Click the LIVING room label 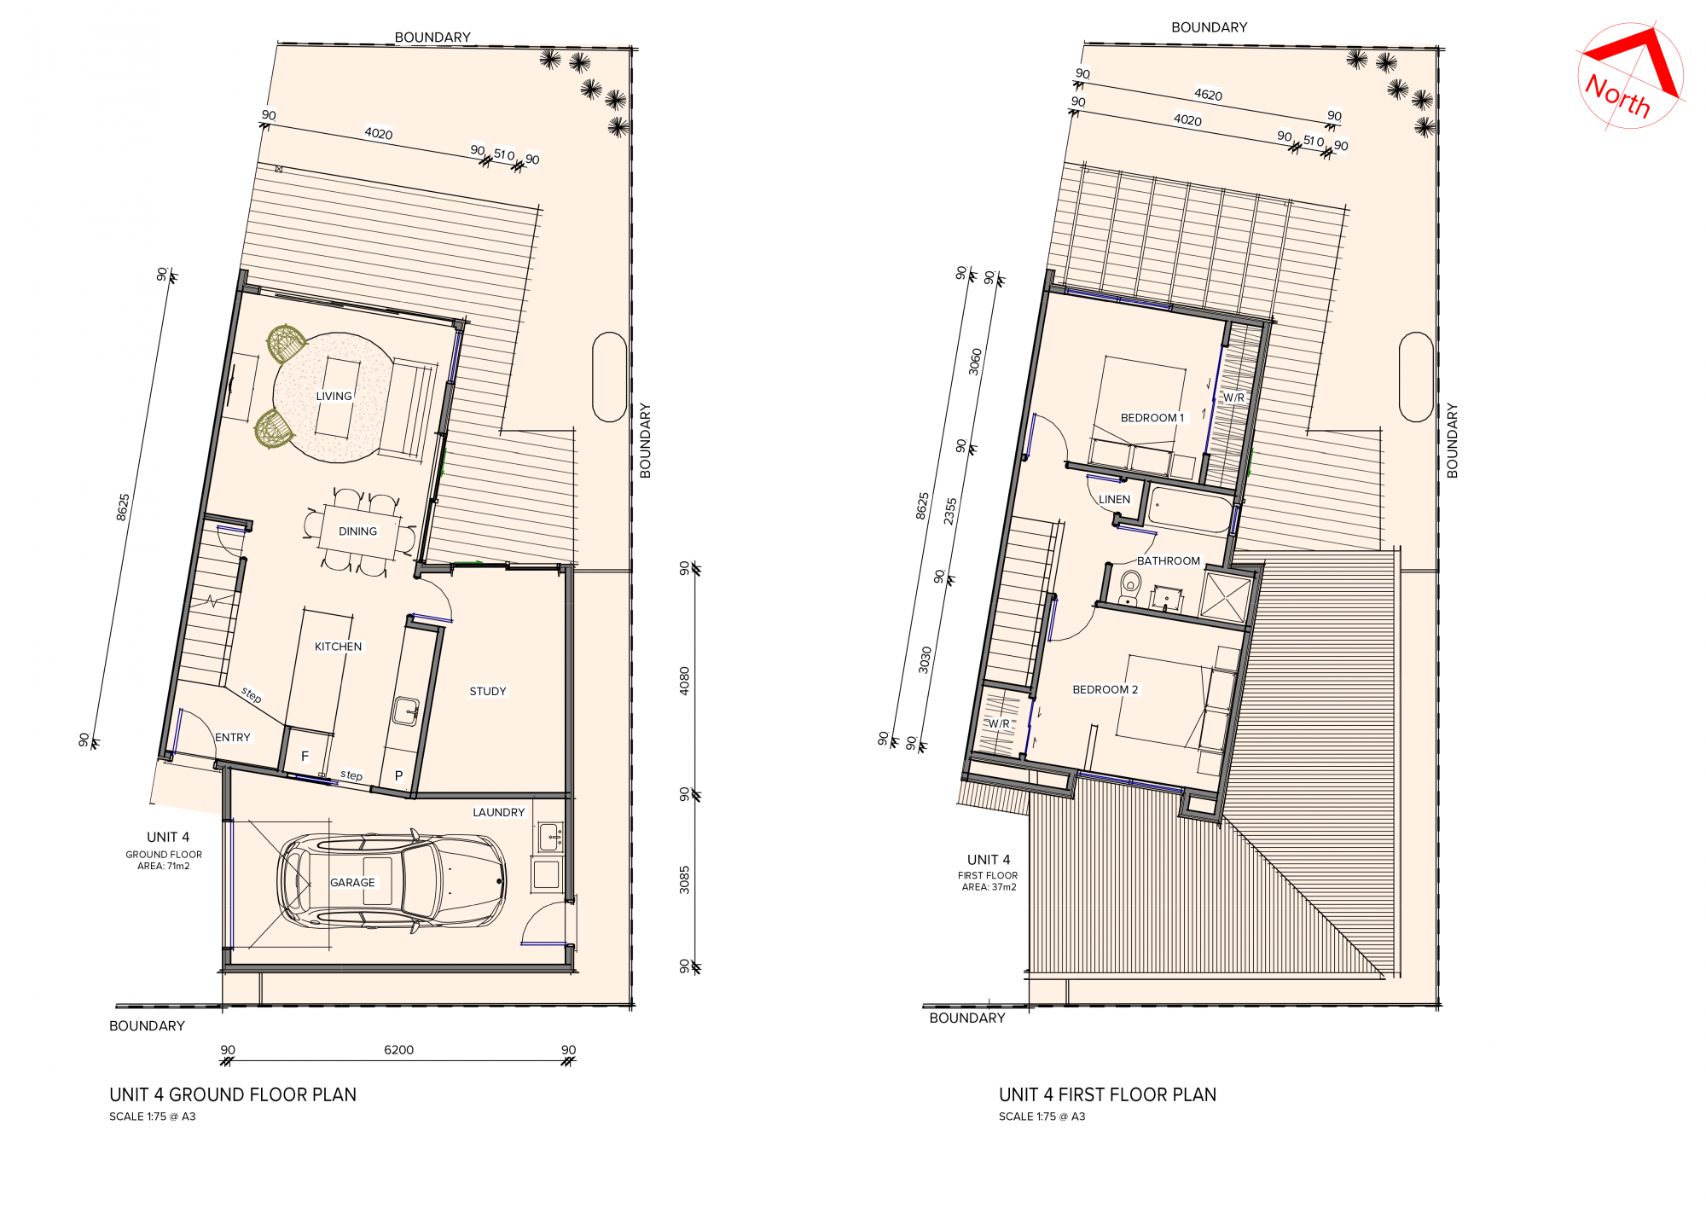coord(334,396)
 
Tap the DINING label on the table coord(357,531)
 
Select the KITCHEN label coord(338,647)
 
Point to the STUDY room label coord(488,691)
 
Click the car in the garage coord(392,879)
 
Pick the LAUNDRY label coord(499,812)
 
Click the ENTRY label coord(233,737)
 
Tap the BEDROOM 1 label coord(1152,418)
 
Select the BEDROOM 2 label coord(1105,689)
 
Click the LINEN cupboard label coord(1114,499)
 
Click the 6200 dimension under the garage coord(398,1050)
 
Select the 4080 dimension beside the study coord(684,681)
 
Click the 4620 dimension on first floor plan coord(1208,95)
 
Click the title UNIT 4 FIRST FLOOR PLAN coord(1107,1094)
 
